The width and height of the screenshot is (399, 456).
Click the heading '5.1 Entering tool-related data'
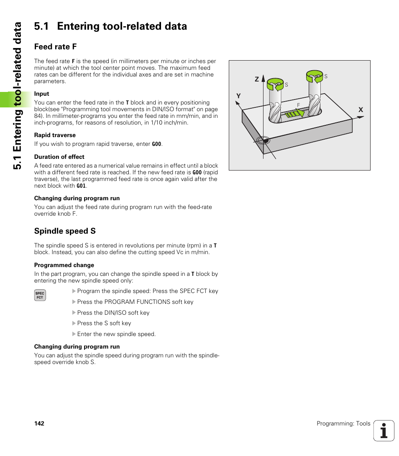(x=110, y=26)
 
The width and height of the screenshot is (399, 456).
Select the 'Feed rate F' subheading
(x=55, y=46)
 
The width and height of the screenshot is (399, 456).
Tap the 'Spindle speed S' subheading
(x=65, y=231)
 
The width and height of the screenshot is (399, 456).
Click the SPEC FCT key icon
(x=40, y=296)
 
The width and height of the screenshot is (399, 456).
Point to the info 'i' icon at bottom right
(x=384, y=431)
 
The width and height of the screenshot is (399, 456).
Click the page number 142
(x=39, y=423)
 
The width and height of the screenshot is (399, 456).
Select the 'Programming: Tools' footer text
(x=343, y=423)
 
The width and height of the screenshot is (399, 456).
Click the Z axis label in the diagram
(x=257, y=79)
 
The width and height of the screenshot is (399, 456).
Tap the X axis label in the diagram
(x=360, y=110)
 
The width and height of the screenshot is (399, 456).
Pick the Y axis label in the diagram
(x=238, y=96)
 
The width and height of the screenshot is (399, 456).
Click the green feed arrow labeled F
(x=295, y=113)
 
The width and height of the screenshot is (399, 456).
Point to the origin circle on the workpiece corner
(x=263, y=140)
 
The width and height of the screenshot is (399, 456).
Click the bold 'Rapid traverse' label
(x=55, y=135)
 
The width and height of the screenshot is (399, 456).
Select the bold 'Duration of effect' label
(x=59, y=157)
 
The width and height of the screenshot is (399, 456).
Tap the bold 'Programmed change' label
(x=64, y=265)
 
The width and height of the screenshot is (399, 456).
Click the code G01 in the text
(x=81, y=186)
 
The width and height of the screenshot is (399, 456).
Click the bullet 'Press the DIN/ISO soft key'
(x=113, y=313)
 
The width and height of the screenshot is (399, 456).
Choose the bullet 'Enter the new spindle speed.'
(x=116, y=334)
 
